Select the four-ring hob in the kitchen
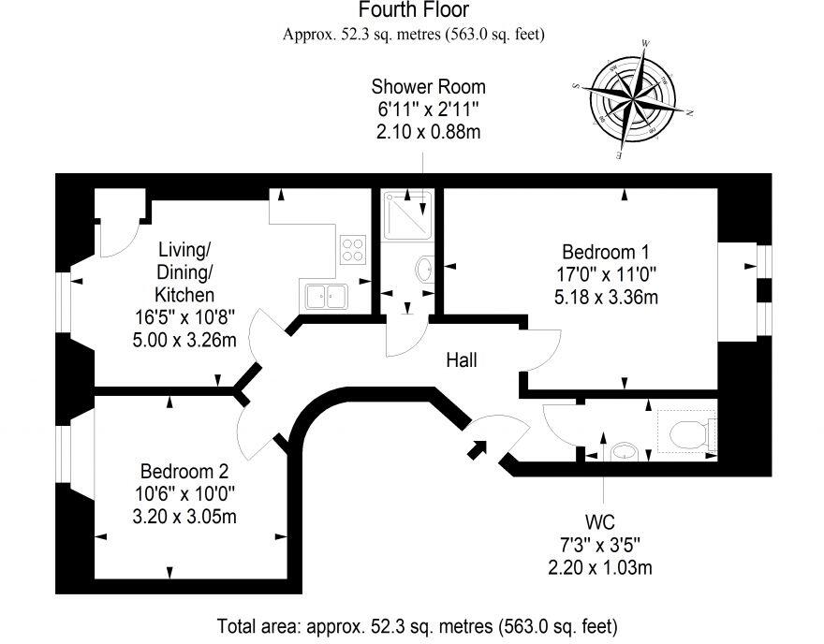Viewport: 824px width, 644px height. coord(353,249)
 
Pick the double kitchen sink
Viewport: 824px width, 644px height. coord(324,295)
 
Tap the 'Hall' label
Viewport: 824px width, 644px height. coord(463,359)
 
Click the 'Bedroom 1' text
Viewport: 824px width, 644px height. coord(605,252)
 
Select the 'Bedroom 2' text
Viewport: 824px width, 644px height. coord(184,470)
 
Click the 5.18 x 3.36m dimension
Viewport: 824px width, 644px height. coord(605,299)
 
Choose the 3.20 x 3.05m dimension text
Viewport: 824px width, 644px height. coord(184,516)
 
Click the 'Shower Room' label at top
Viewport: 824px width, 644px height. coord(428,86)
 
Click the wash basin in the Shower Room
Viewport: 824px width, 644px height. coord(422,270)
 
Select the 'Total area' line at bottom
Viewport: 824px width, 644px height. coord(418,624)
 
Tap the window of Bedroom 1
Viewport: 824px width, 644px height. coord(763,290)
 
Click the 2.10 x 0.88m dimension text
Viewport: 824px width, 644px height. coord(428,132)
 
